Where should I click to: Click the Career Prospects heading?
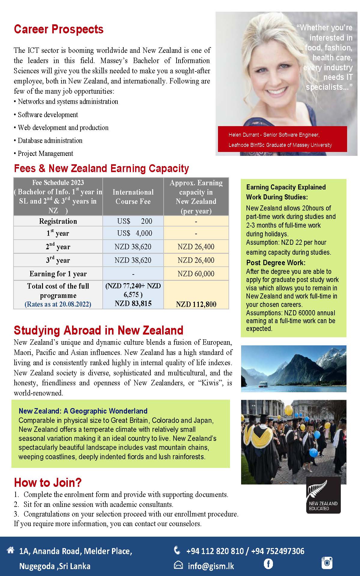(59, 29)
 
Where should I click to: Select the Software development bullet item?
(48, 115)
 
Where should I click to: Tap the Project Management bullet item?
(45, 153)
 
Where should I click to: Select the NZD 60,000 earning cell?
(196, 274)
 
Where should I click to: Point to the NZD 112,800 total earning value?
(196, 304)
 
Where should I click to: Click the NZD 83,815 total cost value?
(133, 304)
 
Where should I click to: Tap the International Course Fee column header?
(133, 197)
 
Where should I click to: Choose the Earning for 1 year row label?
(58, 274)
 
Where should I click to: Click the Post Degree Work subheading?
(276, 263)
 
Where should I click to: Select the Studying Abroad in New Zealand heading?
(98, 330)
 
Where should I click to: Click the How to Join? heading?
(48, 483)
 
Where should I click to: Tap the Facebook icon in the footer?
(268, 564)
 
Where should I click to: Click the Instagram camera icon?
(327, 562)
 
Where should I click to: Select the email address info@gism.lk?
(211, 566)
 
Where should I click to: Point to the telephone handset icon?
(177, 550)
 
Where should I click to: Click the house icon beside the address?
(11, 550)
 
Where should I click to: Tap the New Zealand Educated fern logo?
(323, 496)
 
